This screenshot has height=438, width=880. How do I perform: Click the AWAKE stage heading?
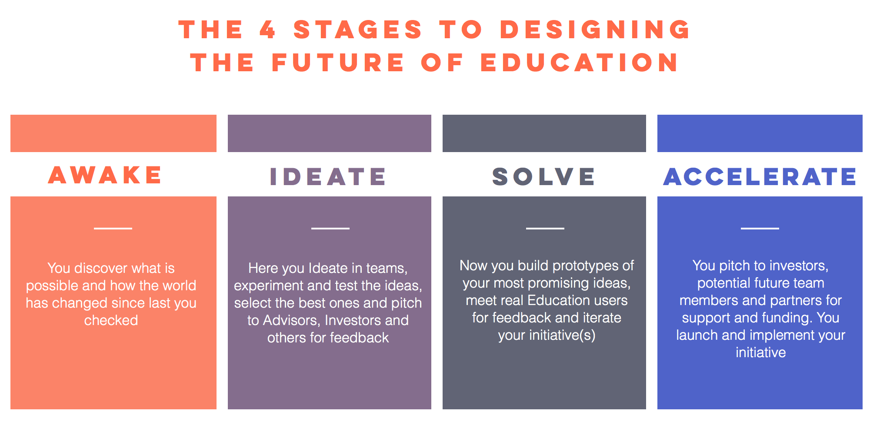tap(105, 175)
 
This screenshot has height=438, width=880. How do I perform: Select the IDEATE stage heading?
tap(328, 177)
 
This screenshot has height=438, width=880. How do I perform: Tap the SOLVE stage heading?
tap(543, 177)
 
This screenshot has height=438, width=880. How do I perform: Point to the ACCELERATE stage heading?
tap(760, 177)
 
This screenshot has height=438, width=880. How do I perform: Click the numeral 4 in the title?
tap(268, 30)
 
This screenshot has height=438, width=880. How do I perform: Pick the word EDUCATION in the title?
tap(579, 62)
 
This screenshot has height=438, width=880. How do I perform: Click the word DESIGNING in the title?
tap(595, 30)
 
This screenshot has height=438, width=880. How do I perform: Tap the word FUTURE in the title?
tap(338, 62)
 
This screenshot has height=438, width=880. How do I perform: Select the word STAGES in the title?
tap(357, 30)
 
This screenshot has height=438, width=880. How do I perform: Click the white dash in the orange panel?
tap(113, 228)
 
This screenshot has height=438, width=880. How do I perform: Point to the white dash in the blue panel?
tap(760, 228)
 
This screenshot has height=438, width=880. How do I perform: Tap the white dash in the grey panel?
tap(545, 228)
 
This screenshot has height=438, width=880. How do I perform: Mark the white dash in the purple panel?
tap(330, 228)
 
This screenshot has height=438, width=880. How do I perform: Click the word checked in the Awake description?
tap(111, 320)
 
